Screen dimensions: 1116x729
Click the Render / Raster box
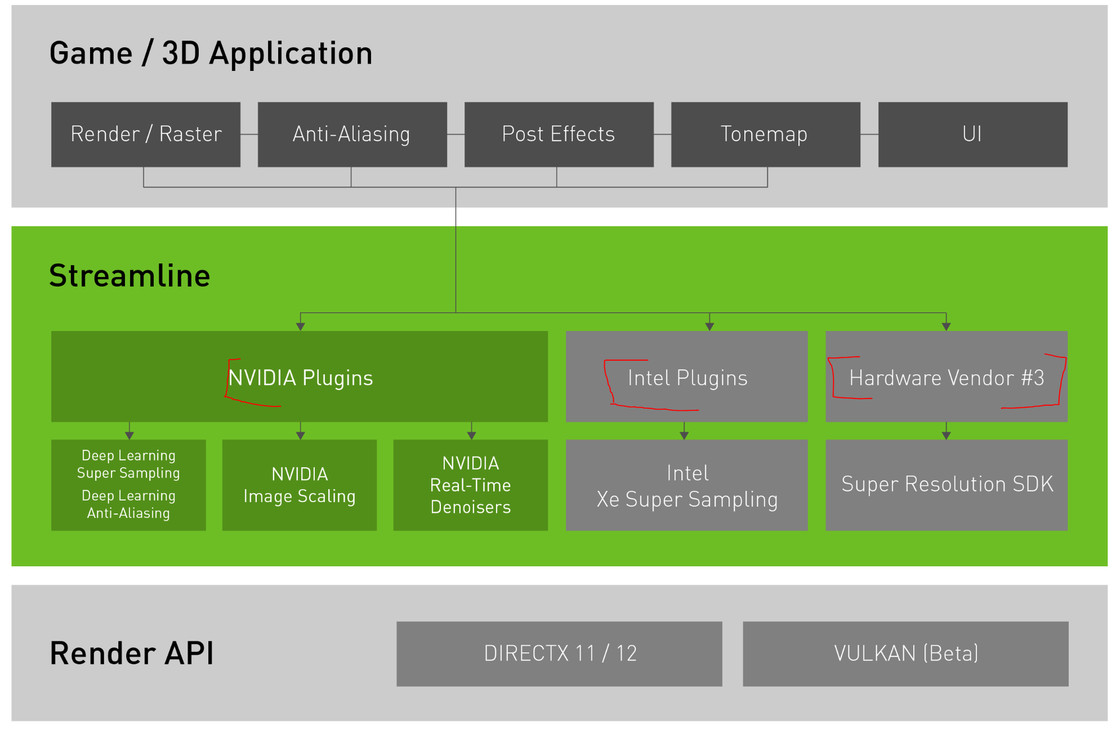(146, 135)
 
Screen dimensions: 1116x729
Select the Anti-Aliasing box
(352, 135)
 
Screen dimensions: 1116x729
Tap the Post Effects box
(559, 135)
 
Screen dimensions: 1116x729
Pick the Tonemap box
(766, 135)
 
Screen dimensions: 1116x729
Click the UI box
(973, 135)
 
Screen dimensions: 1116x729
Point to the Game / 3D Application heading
(211, 53)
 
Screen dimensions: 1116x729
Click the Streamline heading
(130, 275)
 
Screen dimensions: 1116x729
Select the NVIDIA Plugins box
(299, 376)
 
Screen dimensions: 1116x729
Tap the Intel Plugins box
(687, 376)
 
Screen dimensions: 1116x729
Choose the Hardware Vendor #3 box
(946, 376)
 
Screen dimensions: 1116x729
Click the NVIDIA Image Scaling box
(299, 485)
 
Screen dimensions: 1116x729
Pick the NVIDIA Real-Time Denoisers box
(471, 485)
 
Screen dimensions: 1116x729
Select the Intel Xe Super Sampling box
(687, 485)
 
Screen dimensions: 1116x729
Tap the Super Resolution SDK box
(946, 485)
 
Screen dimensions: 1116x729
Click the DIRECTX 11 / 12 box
(559, 654)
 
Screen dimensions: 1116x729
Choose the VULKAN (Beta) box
(906, 654)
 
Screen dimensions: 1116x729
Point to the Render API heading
(132, 653)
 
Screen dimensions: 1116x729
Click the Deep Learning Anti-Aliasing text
(128, 504)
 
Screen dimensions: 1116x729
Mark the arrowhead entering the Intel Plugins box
(709, 326)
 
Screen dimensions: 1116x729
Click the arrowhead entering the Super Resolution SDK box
(946, 435)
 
